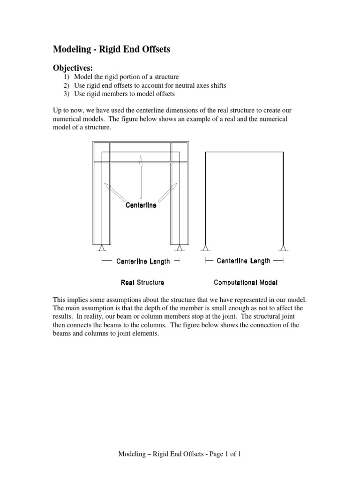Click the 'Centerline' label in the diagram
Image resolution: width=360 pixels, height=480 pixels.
click(141, 205)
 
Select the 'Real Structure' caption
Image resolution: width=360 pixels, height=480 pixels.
click(142, 283)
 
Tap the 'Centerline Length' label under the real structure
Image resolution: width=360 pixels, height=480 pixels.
click(143, 262)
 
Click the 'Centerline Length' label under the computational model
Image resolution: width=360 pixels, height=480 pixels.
click(243, 261)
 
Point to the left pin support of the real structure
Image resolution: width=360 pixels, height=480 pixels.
click(102, 248)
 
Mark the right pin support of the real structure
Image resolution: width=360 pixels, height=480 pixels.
click(179, 248)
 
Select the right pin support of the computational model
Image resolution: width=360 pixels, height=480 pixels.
click(283, 248)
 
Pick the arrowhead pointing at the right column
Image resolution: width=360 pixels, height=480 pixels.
click(174, 186)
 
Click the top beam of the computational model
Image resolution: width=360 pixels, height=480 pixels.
click(244, 152)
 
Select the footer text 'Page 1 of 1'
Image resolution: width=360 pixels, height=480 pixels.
click(222, 454)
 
